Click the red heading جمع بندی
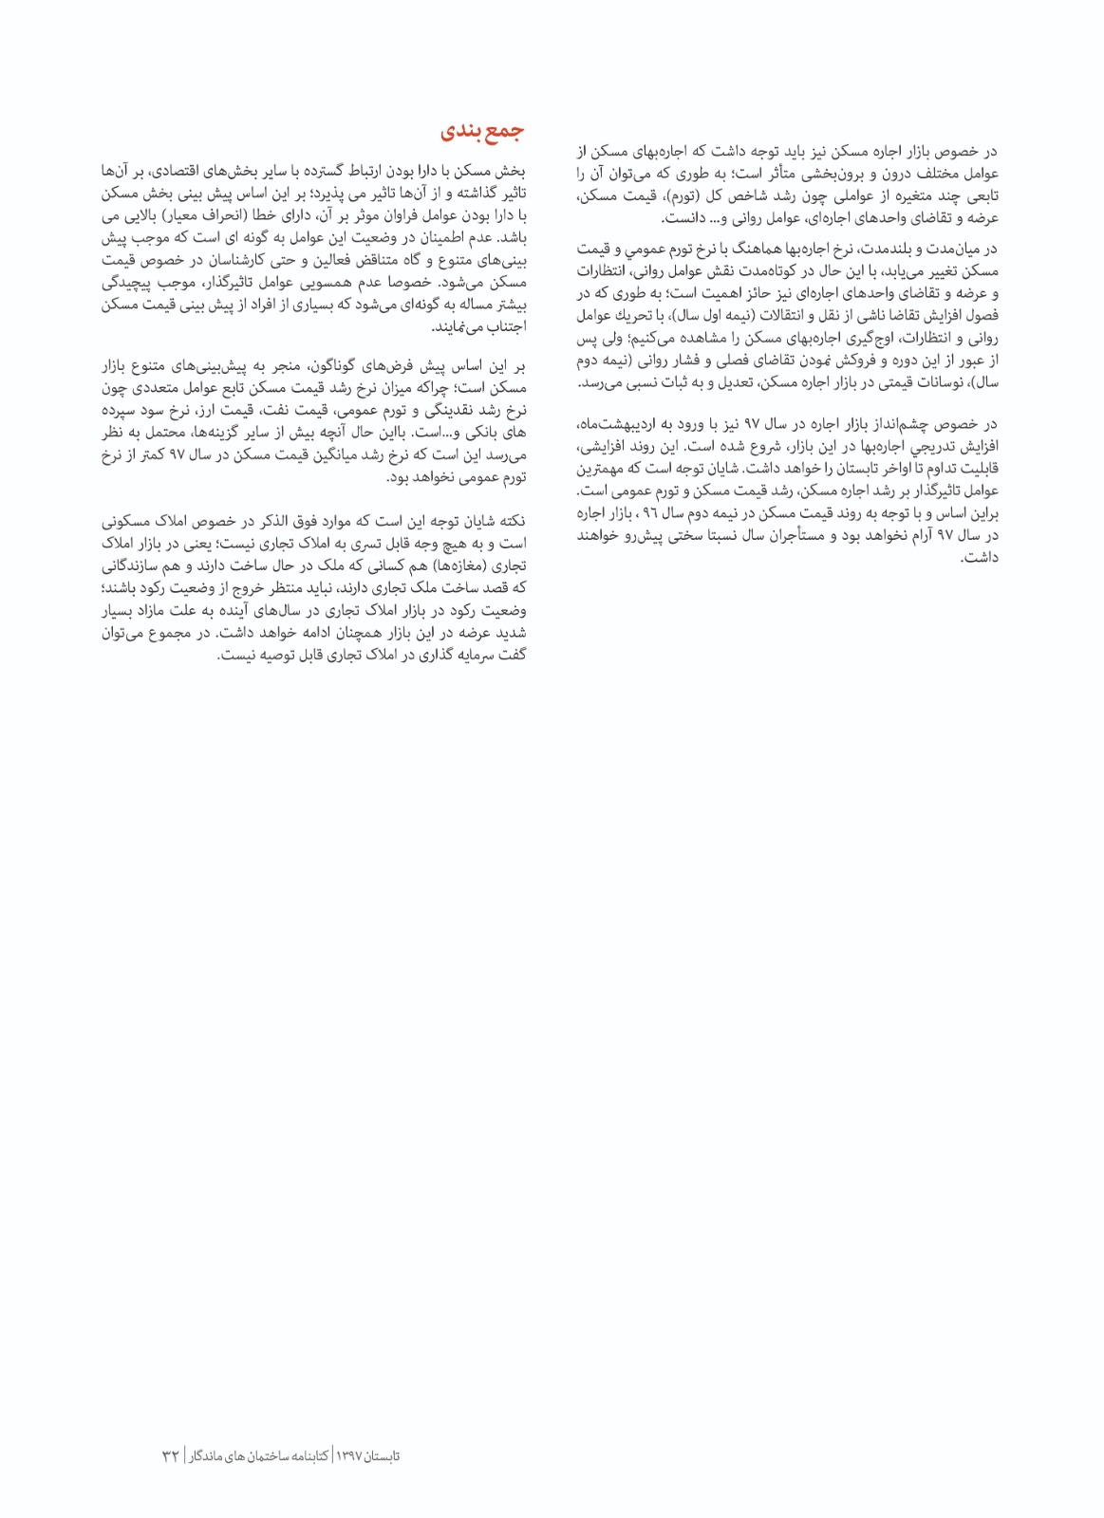coord(482,133)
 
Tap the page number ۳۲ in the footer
coord(171,1455)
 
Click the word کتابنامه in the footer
coord(307,1455)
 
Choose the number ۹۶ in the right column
coord(650,514)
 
